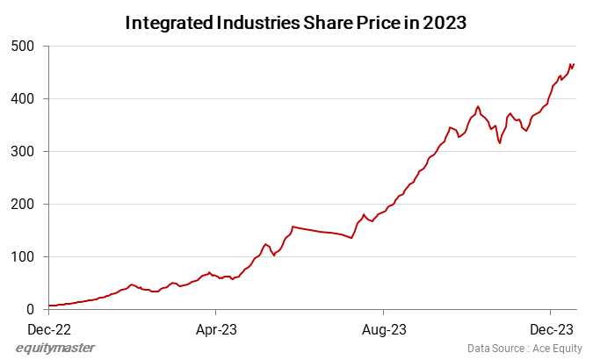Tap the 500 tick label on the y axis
tap(23, 46)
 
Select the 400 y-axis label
tap(23, 98)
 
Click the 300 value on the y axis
tap(23, 151)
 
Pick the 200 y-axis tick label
tap(23, 204)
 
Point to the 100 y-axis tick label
tap(23, 256)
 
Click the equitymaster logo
tap(55, 349)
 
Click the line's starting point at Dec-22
tap(50, 306)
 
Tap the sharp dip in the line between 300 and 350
tap(500, 143)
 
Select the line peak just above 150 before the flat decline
tap(293, 227)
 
